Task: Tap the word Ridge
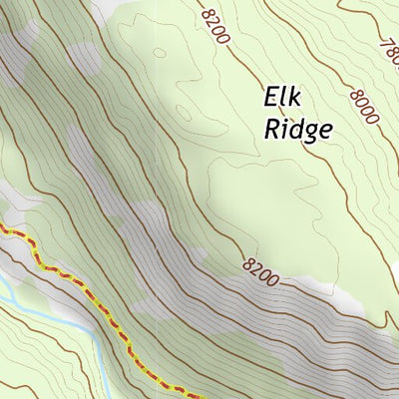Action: pos(297,130)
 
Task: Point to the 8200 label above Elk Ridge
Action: pos(214,26)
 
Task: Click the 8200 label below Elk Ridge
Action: pos(259,267)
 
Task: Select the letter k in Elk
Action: pos(295,98)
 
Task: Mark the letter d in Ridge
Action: pos(294,129)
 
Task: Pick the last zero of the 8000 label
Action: pos(373,118)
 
